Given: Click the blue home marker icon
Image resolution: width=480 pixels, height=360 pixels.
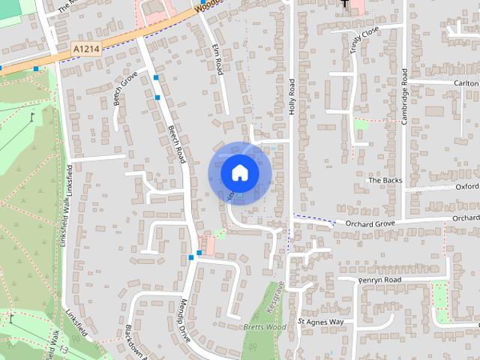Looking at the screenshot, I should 239,172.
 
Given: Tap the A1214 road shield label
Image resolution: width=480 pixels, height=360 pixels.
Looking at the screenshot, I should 87,48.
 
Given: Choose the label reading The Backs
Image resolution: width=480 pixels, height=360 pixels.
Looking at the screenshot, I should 385,181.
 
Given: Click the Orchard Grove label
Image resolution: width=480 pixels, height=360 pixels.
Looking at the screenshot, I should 370,223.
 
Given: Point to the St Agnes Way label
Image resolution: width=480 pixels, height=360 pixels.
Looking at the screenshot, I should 320,322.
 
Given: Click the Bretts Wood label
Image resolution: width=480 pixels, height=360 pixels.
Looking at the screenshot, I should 265,327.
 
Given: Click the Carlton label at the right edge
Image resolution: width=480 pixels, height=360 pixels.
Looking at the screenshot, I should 465,82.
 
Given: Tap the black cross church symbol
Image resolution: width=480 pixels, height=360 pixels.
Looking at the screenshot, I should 344,4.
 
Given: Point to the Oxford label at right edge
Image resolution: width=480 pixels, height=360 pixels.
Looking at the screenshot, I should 466,186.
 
